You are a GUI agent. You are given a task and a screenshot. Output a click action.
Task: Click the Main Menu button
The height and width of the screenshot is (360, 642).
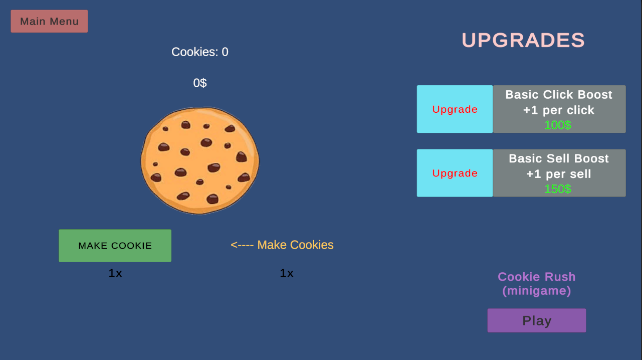point(49,21)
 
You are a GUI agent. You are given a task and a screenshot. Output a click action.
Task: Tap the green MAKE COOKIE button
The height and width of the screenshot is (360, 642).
point(115,245)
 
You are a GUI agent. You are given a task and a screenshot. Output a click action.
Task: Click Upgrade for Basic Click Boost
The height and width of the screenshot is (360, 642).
point(455,109)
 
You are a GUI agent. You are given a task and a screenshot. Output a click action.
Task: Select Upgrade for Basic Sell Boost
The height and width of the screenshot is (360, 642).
point(455,173)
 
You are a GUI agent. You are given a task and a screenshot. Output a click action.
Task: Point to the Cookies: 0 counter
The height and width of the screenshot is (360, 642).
point(200,52)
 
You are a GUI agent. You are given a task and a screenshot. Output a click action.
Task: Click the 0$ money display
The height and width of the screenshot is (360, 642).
point(200,83)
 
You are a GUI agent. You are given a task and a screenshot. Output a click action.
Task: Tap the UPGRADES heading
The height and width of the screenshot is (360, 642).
point(523,40)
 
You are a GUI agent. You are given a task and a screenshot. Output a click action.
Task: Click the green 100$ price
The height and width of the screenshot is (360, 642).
point(558,125)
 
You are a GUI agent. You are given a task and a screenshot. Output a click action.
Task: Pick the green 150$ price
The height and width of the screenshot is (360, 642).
point(558,189)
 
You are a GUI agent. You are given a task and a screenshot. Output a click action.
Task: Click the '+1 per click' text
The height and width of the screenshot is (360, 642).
point(559,110)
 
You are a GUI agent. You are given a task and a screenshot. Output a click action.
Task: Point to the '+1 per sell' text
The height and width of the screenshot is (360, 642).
point(559,174)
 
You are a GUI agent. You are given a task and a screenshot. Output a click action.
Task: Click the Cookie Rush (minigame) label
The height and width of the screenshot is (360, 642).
point(537,284)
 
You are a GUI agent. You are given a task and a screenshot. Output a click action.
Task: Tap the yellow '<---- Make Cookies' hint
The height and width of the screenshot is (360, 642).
point(282,245)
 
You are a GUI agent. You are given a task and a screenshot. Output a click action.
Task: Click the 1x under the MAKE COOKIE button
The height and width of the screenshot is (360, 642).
point(115,273)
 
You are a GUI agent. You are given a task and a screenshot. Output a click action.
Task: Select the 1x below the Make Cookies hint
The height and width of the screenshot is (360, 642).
point(287,273)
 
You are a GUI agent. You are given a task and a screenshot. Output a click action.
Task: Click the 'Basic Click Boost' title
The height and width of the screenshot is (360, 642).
point(559,95)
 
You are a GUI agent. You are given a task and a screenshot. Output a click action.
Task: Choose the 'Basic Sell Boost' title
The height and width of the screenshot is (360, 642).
point(559,158)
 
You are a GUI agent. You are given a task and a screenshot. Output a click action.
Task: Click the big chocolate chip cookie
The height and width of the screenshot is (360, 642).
point(200,160)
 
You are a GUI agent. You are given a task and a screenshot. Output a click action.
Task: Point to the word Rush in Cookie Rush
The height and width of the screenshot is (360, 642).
point(560,277)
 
